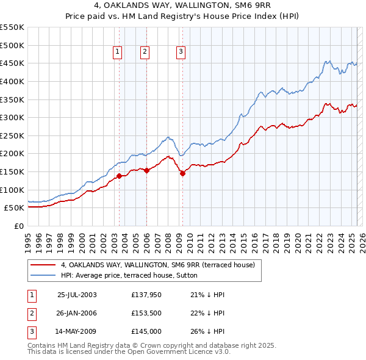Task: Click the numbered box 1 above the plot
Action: tap(117, 52)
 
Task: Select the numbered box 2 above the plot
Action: tap(145, 52)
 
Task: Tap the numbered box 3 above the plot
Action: tap(181, 52)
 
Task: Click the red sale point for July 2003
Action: tap(119, 176)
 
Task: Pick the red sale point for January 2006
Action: tap(147, 170)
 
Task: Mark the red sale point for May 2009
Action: tap(182, 173)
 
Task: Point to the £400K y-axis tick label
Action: tap(12, 81)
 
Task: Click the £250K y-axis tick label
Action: tap(12, 135)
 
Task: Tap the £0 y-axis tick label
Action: tap(18, 226)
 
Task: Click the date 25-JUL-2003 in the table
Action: tap(77, 295)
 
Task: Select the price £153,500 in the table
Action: tap(146, 313)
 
